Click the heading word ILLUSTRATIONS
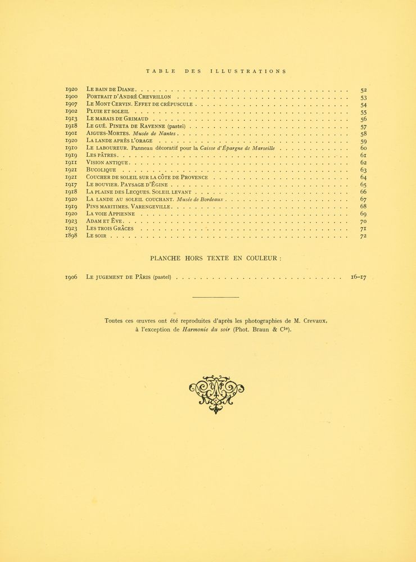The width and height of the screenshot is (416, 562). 248,71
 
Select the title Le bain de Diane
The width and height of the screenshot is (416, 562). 111,89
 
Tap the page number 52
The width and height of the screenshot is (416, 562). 363,90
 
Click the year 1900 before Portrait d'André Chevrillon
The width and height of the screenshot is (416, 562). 71,97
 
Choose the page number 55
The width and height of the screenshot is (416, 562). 363,112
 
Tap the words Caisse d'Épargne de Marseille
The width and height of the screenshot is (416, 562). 238,148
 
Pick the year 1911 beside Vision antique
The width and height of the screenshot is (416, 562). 71,162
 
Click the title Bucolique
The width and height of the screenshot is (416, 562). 101,170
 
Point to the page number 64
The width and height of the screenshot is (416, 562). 363,178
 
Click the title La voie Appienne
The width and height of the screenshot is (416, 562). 111,214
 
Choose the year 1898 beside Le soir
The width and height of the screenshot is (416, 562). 71,235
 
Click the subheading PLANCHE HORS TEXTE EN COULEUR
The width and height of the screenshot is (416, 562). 215,258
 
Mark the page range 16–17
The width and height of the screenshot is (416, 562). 358,277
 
